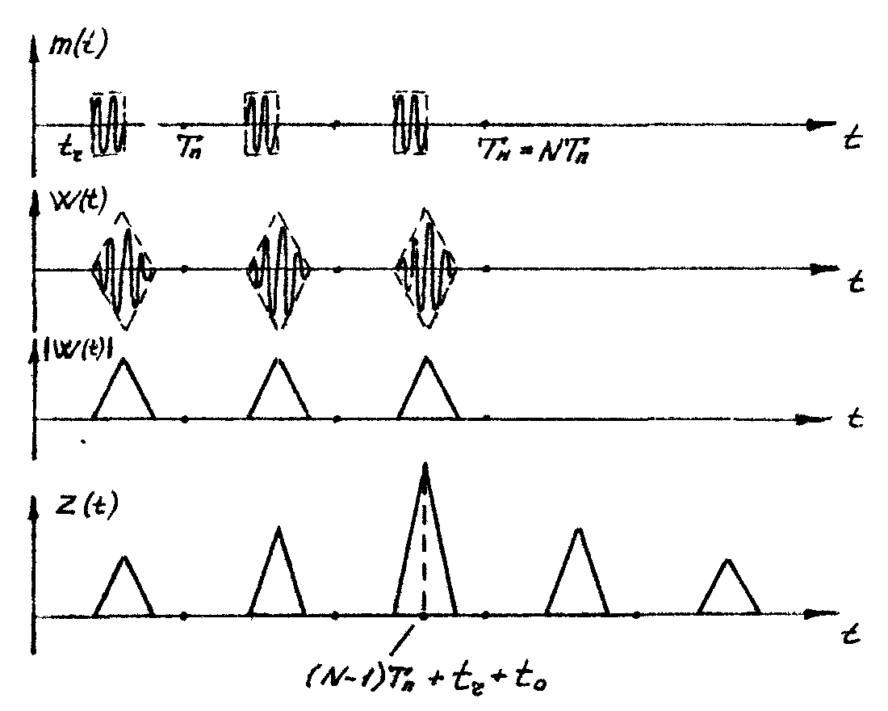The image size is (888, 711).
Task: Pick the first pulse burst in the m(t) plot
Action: pos(108,124)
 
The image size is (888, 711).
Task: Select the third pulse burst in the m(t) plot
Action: pos(410,124)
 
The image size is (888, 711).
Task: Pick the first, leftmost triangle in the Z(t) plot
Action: pos(124,588)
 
